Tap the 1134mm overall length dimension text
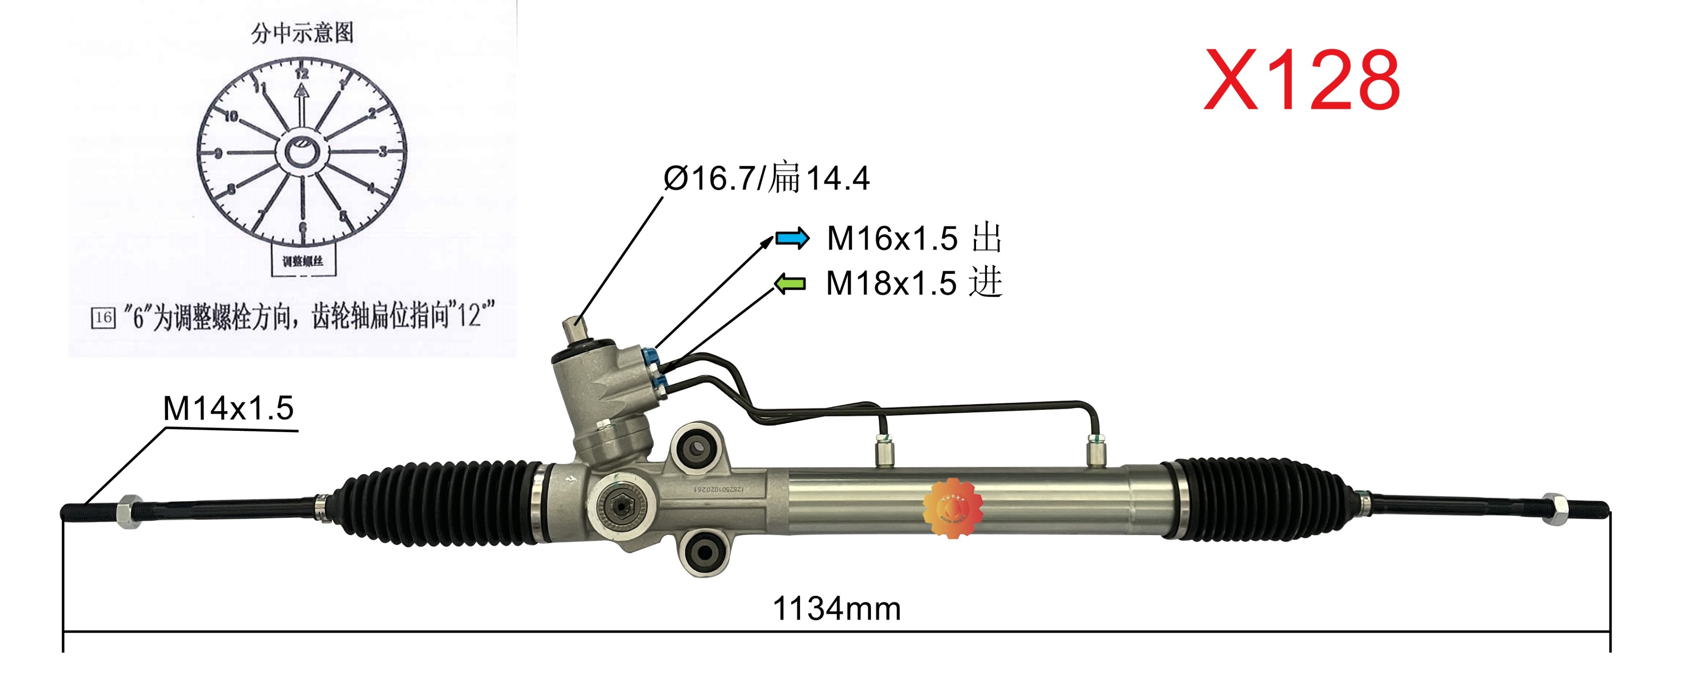click(837, 608)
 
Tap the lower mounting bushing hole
click(704, 551)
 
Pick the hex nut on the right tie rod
click(1555, 509)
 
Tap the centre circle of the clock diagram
click(302, 153)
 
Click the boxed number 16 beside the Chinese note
click(103, 318)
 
